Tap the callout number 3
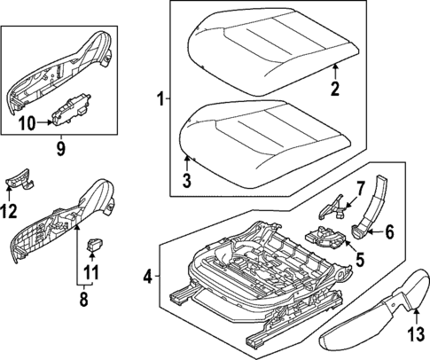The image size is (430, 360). tap(187, 182)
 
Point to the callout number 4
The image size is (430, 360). tap(148, 277)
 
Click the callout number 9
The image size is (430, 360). tap(60, 149)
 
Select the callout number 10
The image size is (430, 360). tap(27, 123)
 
